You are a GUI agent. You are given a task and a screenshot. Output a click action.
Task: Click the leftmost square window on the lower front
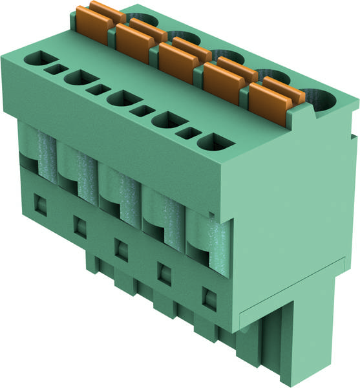click(39, 206)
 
